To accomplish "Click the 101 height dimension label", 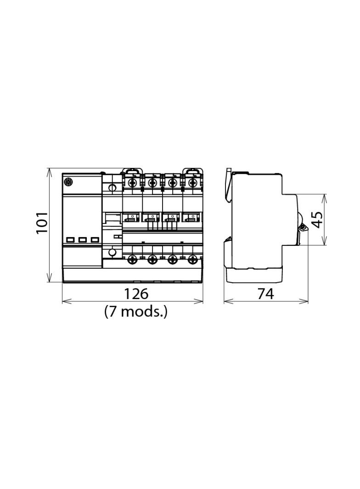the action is click(42, 222).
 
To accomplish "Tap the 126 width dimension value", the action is click(136, 294).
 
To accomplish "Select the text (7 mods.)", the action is click(136, 311).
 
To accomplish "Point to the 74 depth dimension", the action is click(266, 294).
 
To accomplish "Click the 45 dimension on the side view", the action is click(317, 220).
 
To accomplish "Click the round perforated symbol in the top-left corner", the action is click(68, 181).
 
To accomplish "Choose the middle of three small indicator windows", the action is click(83, 240).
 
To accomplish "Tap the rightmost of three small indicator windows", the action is click(95, 240).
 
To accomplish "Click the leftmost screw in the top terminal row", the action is click(133, 182).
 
